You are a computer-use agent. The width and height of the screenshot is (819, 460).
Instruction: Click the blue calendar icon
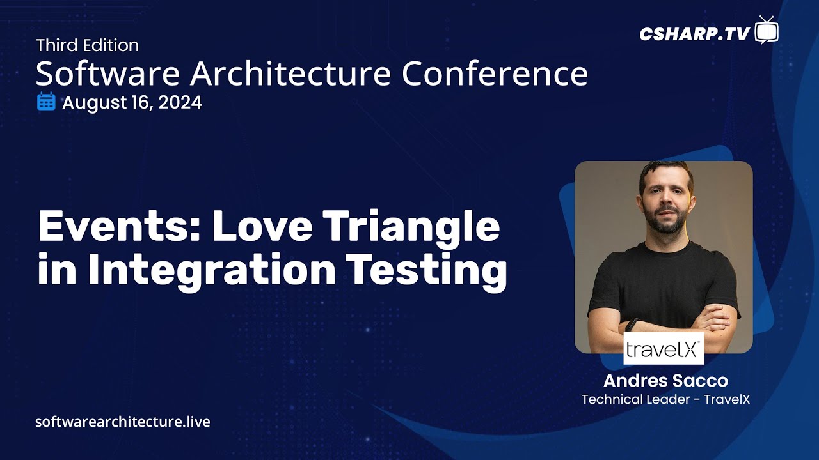46,102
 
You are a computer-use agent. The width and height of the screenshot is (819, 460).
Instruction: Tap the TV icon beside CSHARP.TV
766,31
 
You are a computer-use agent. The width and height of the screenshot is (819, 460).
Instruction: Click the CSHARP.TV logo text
694,34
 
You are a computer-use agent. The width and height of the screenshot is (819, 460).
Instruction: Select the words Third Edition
87,45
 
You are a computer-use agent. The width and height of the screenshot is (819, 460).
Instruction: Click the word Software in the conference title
107,74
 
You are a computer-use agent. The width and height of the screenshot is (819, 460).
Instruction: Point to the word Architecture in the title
290,74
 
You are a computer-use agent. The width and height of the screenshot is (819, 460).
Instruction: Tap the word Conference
495,74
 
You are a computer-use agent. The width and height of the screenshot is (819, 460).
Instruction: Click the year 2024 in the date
180,102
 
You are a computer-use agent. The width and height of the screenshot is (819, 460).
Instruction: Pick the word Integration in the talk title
212,270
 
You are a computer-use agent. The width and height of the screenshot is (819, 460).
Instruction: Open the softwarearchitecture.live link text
123,422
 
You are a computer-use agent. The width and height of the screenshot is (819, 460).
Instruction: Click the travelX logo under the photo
664,349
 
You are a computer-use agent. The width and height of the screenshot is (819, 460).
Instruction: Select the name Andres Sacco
665,381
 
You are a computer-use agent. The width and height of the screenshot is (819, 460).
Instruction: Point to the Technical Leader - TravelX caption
665,399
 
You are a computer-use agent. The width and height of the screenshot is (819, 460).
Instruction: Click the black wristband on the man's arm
632,325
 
